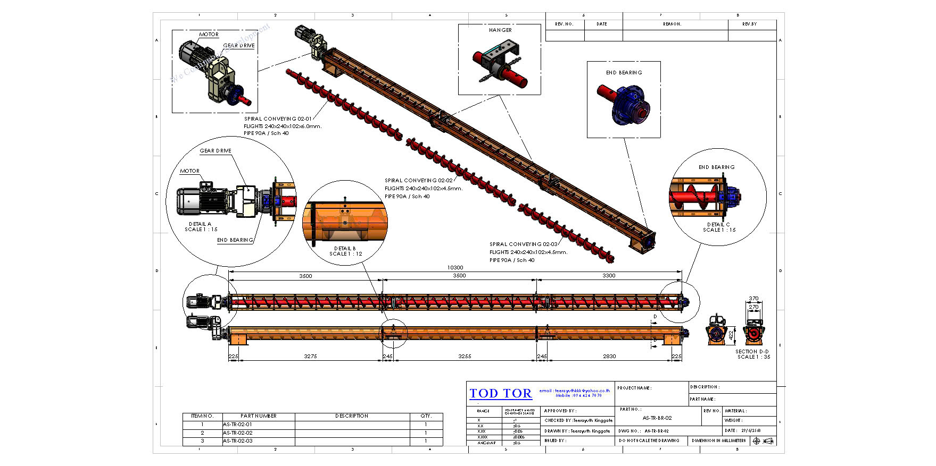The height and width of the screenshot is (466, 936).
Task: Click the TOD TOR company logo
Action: tap(500, 394)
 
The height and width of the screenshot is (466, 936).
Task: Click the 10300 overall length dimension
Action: tap(455, 268)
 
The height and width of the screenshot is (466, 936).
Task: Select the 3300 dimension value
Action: tap(609, 276)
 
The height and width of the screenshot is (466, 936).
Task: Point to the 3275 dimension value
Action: tap(310, 357)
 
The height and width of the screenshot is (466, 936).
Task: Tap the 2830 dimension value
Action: tap(609, 357)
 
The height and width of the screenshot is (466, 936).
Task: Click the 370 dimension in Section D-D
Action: tap(753, 299)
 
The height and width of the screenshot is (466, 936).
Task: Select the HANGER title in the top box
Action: tap(500, 30)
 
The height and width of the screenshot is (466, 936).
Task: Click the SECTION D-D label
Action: tap(752, 352)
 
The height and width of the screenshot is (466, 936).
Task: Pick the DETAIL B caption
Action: tap(345, 249)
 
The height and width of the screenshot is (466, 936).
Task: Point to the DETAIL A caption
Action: tap(200, 224)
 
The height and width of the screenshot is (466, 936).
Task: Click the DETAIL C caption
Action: tap(718, 225)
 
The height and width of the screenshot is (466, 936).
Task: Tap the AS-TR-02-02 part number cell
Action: tap(238, 433)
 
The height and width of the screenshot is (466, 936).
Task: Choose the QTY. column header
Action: tap(426, 416)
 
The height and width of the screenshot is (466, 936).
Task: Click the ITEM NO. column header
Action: tap(202, 416)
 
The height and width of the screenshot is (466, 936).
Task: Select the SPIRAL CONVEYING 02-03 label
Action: tap(524, 244)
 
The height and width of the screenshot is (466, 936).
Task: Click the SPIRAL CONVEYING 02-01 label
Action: tap(278, 119)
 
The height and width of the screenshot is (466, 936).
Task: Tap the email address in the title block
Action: tap(575, 391)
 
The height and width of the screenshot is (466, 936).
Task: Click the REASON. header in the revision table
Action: tap(672, 24)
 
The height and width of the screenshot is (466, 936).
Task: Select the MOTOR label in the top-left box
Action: tap(209, 35)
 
